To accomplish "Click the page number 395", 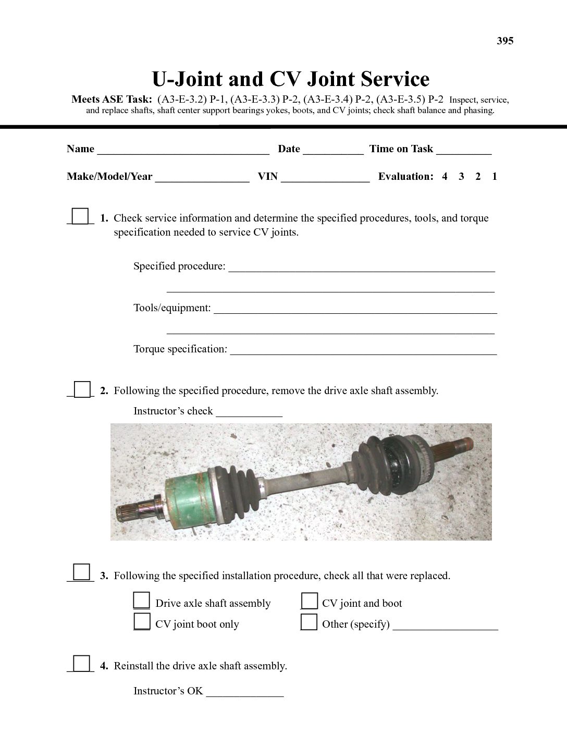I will pos(505,41).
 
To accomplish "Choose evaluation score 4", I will pos(445,177).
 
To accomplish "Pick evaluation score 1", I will pos(495,177).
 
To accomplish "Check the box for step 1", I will pos(80,216).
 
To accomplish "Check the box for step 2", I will pos(82,389).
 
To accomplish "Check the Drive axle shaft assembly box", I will pos(142,601).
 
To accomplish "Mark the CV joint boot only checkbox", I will pos(142,622).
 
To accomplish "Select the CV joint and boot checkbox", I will pos(309,601).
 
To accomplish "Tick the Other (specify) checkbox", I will pos(309,622).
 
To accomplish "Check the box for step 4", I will pos(81,664).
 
